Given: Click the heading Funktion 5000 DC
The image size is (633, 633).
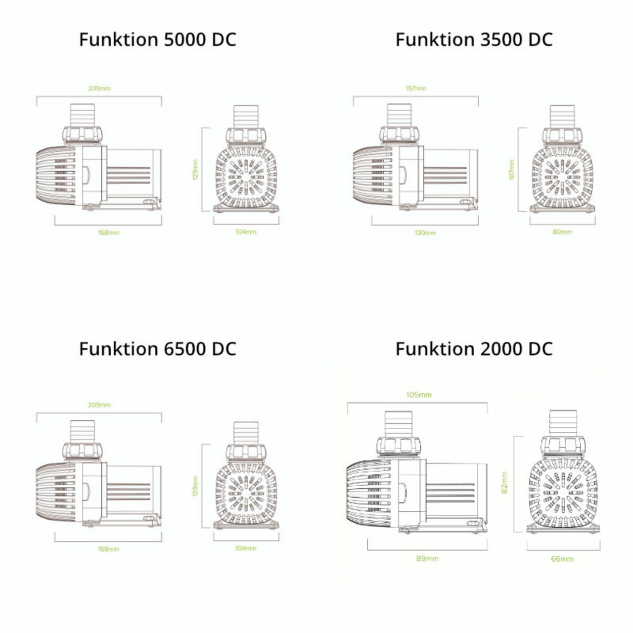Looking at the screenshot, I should coord(157,40).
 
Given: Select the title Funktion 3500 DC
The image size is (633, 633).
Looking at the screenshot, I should coord(473,40).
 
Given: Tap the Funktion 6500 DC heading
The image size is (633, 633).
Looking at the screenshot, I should coord(157,349).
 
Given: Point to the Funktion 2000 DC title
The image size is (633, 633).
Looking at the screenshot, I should coord(473,349).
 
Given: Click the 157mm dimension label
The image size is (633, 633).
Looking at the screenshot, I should coord(415,89).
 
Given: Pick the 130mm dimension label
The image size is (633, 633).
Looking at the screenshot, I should coord(425,232).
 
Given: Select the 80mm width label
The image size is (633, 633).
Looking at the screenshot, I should coord(562,231).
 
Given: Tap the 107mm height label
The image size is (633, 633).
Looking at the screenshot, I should coord(512,170).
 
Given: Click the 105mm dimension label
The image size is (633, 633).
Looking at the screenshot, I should coord(418,395).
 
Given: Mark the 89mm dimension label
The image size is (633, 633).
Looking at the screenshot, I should coord(427,558).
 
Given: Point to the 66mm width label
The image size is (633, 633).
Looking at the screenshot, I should coord(562,559).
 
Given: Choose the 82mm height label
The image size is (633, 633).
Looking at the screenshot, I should coord(504,482).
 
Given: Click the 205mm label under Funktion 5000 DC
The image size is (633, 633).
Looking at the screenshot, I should coord(99,89).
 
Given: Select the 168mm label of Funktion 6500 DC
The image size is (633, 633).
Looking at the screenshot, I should coord(108,549).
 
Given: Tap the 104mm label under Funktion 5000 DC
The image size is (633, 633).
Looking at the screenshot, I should coord(246,231).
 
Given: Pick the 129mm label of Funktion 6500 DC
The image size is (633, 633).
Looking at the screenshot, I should coord(195,486).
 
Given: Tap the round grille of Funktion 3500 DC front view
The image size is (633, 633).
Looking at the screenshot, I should coord(562,176).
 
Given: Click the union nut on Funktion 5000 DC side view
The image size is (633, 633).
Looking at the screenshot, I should coord(83,134).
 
